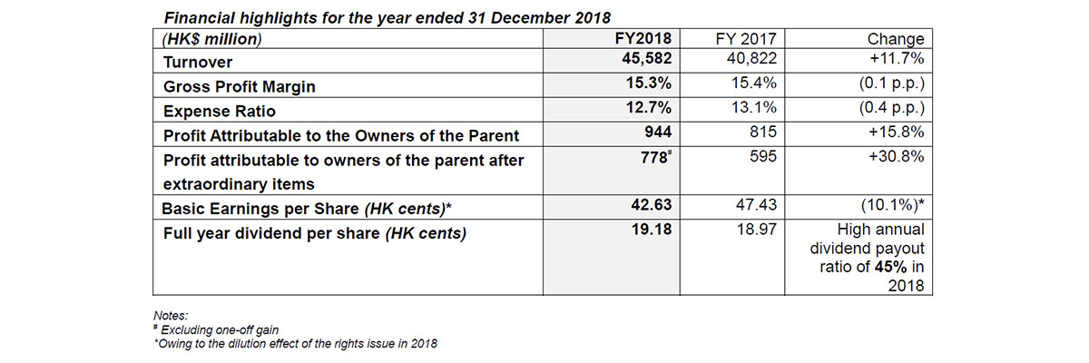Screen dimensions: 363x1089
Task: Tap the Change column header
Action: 896,39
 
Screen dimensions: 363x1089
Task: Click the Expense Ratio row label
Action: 215,112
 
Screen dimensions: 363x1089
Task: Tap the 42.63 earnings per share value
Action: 655,207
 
